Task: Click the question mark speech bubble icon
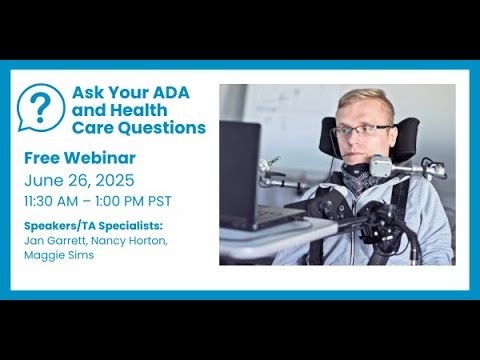click(x=41, y=107)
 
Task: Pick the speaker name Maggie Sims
click(x=60, y=256)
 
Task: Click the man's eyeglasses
click(x=361, y=129)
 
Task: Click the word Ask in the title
click(x=87, y=92)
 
